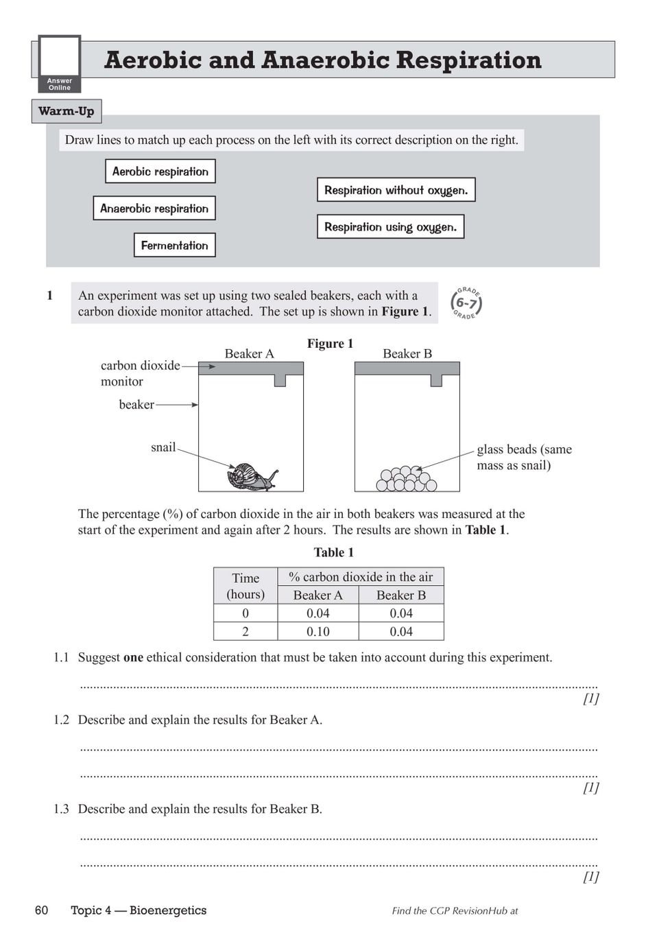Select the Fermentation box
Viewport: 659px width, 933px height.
point(174,246)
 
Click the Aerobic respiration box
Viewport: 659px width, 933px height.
point(160,172)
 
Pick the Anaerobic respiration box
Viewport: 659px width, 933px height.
point(154,209)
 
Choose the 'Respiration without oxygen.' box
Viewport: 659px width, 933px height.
point(396,190)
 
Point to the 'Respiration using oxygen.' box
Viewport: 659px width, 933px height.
point(390,227)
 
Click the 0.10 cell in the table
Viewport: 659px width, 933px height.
point(317,631)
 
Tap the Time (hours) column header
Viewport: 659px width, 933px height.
point(245,586)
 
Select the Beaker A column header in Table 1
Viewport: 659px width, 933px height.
point(317,595)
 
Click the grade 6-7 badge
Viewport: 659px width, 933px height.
point(466,303)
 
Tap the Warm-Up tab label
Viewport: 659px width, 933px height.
point(67,111)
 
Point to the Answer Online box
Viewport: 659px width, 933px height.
point(60,64)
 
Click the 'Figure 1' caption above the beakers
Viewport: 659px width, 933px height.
point(330,344)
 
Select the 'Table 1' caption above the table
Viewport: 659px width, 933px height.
point(333,552)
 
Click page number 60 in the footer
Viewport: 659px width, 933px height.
point(41,910)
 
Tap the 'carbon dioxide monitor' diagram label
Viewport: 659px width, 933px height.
point(140,373)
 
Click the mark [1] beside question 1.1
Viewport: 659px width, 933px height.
point(590,698)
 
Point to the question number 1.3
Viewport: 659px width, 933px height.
point(61,809)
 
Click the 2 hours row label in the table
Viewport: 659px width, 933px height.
point(245,631)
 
